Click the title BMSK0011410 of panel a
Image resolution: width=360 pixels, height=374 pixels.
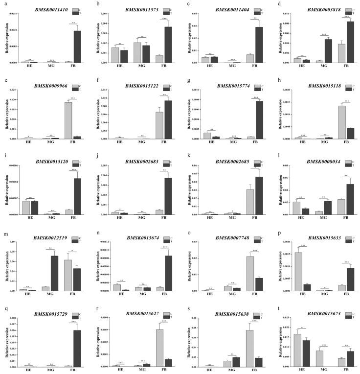coord(43,10)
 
